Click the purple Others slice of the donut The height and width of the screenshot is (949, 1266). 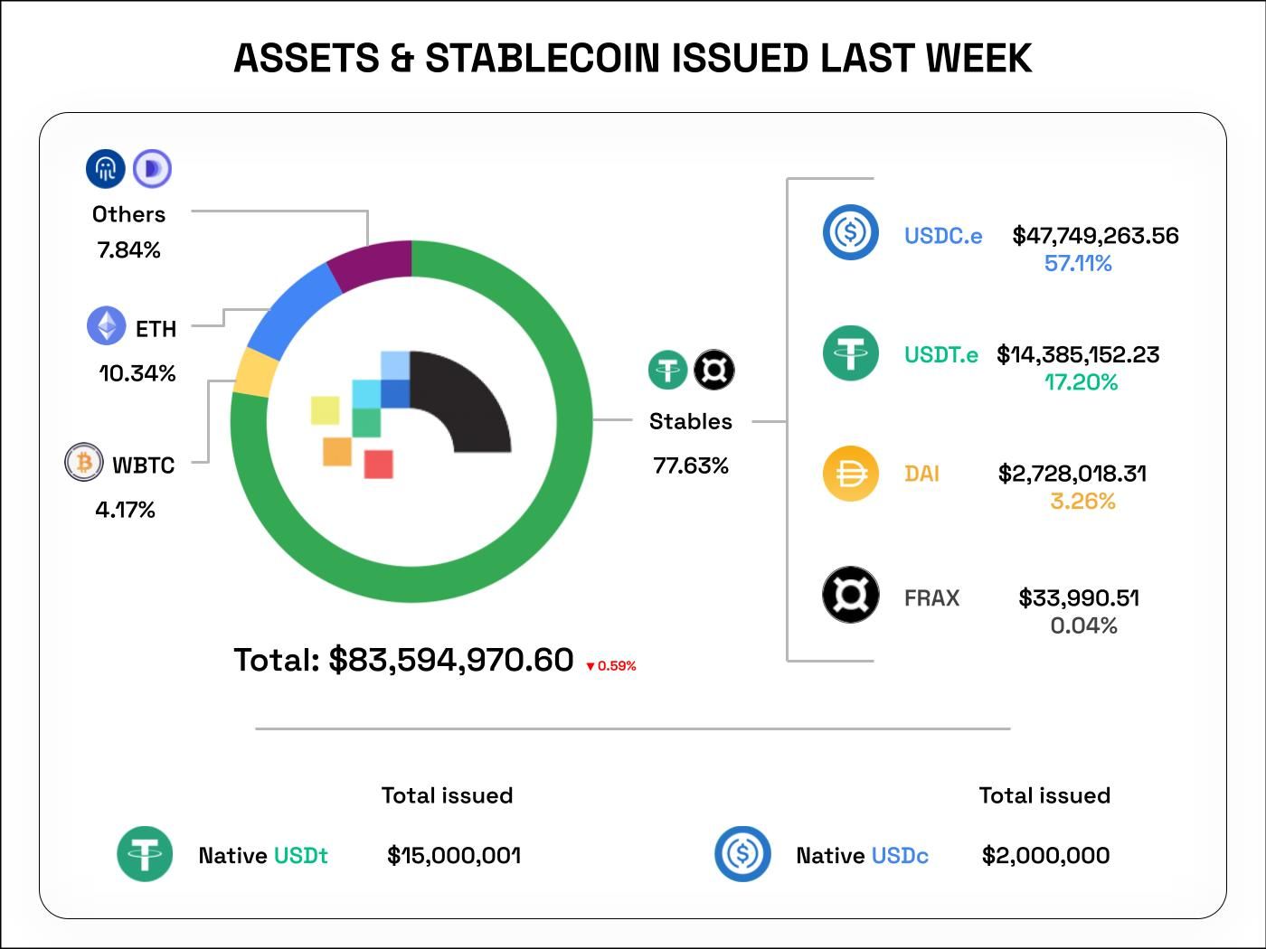click(371, 264)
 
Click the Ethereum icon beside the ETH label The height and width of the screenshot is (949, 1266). click(106, 326)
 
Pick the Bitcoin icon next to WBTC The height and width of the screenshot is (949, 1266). click(83, 463)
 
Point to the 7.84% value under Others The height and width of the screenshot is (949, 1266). click(128, 250)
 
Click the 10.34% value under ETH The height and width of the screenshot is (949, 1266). click(137, 373)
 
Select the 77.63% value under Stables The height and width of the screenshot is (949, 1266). click(691, 465)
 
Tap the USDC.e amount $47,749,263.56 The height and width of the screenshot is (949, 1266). click(1095, 236)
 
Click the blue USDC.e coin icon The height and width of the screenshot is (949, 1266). click(850, 232)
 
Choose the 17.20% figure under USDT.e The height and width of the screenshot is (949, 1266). click(1081, 382)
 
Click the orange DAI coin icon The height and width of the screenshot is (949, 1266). click(850, 473)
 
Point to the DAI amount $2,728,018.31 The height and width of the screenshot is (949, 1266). click(1072, 474)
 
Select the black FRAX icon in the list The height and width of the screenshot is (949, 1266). click(850, 595)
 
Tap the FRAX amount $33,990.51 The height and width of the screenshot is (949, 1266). click(1079, 598)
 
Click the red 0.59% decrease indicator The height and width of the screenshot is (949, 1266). click(611, 666)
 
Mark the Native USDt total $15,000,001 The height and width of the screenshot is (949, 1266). click(454, 856)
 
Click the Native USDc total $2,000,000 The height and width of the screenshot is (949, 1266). click(1045, 856)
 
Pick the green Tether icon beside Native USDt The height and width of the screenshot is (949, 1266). click(145, 853)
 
